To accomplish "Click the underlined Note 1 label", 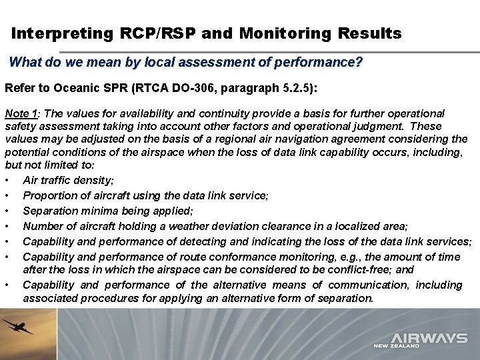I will [x=21, y=114].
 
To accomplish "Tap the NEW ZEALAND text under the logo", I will [x=397, y=347].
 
